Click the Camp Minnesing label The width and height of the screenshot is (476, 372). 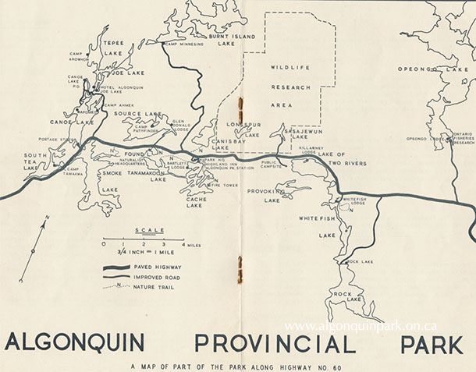183,44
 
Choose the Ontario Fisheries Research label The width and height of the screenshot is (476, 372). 464,138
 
